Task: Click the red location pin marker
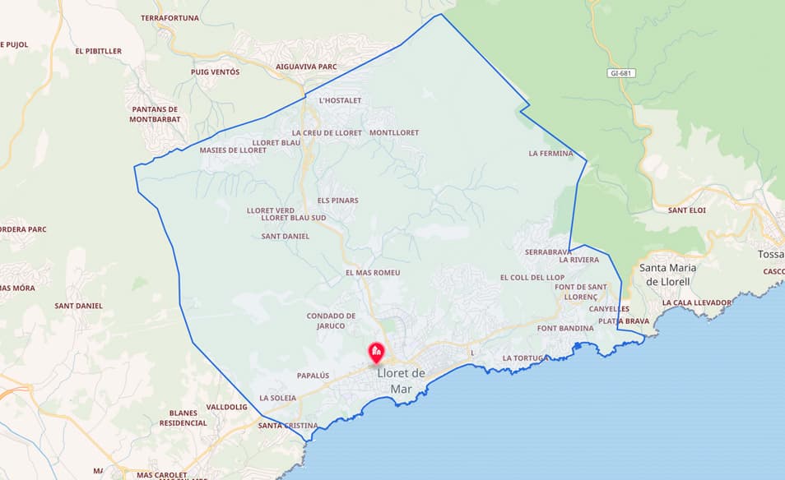tap(376, 353)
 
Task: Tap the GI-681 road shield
tap(621, 73)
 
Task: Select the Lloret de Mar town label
tap(401, 381)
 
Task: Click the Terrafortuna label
tap(171, 17)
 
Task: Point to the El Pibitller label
tap(98, 51)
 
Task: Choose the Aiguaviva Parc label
tap(307, 67)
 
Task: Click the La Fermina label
tap(550, 153)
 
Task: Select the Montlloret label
tap(394, 132)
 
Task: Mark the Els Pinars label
tap(337, 201)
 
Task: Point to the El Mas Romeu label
tap(372, 272)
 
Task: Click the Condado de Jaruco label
tap(331, 321)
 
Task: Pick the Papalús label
tap(313, 376)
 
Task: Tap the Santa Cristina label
tap(287, 426)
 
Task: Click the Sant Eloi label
tap(687, 210)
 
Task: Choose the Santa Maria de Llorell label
tap(667, 275)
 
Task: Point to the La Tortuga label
tap(524, 358)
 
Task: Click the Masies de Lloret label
tap(233, 150)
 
